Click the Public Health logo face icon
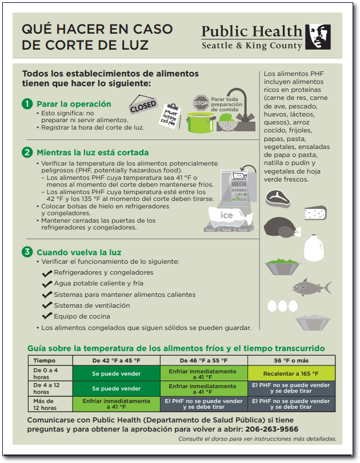coord(318,37)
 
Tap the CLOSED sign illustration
coord(143,106)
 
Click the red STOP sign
coord(201,103)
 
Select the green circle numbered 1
coord(27,104)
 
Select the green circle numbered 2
coord(27,152)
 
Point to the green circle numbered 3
coord(27,252)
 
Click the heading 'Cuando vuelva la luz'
coord(79,252)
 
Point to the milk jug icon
coord(313,247)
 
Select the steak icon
coord(278,197)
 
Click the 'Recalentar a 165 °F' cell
coord(291,373)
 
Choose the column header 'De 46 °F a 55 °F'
coord(203,360)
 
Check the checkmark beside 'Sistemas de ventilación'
coord(47,305)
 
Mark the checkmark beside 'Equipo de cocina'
coord(47,316)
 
